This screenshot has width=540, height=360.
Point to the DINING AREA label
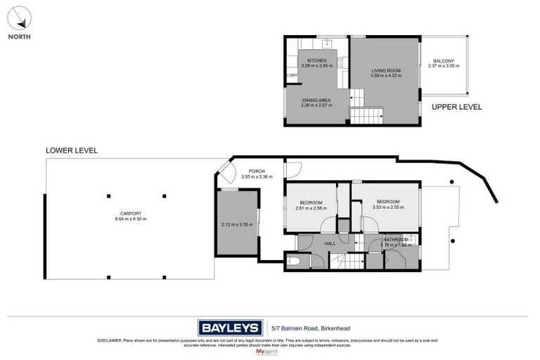(316, 101)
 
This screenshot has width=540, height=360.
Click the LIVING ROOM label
(385, 70)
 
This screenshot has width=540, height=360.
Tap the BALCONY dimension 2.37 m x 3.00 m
(443, 66)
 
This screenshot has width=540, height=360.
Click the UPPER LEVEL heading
(456, 107)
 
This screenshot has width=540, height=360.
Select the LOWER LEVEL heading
(71, 150)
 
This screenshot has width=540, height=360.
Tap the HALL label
(329, 243)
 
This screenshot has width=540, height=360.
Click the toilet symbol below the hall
(296, 262)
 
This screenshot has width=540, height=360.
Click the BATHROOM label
(396, 240)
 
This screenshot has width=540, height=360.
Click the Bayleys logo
(229, 328)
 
